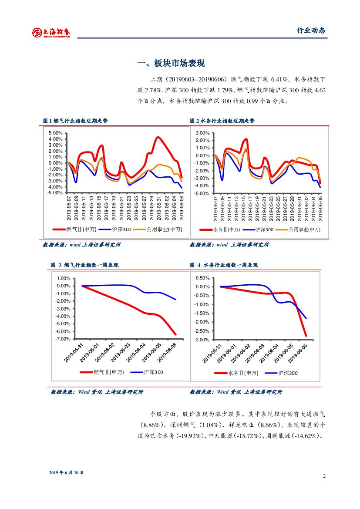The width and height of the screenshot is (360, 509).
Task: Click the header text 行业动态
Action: click(x=311, y=30)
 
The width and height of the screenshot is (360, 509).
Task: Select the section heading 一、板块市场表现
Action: click(x=171, y=64)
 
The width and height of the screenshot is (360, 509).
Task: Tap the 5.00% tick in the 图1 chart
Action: click(x=56, y=133)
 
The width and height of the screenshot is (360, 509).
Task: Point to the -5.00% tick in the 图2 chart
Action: click(x=202, y=193)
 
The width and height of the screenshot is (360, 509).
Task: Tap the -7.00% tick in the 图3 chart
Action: click(x=63, y=339)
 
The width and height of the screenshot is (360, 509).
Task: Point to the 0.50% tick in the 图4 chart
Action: click(x=202, y=278)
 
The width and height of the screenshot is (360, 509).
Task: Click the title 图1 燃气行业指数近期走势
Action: click(x=75, y=121)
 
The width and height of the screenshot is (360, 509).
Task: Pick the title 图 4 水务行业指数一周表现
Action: click(x=224, y=265)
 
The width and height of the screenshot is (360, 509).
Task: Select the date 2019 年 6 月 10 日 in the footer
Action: click(x=66, y=472)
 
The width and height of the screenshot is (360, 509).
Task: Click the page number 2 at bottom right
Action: click(x=324, y=475)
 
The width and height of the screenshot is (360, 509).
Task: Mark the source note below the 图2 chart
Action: click(x=229, y=245)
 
